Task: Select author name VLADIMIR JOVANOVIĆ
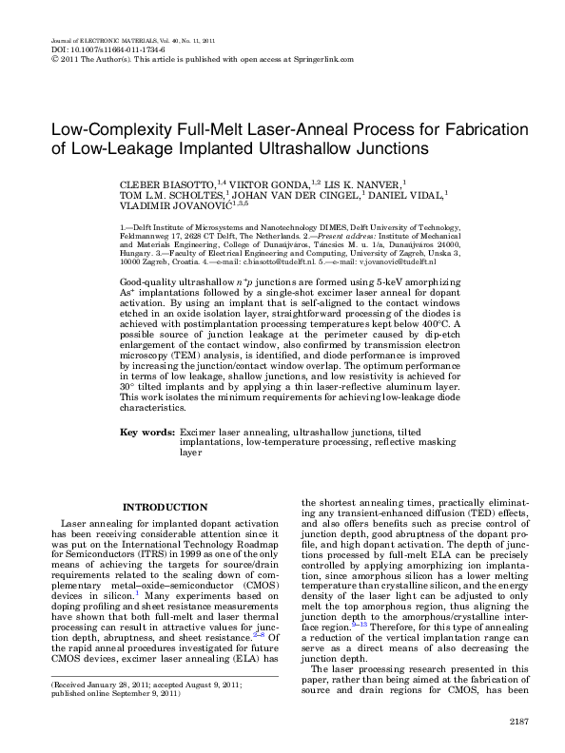(x=178, y=203)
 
